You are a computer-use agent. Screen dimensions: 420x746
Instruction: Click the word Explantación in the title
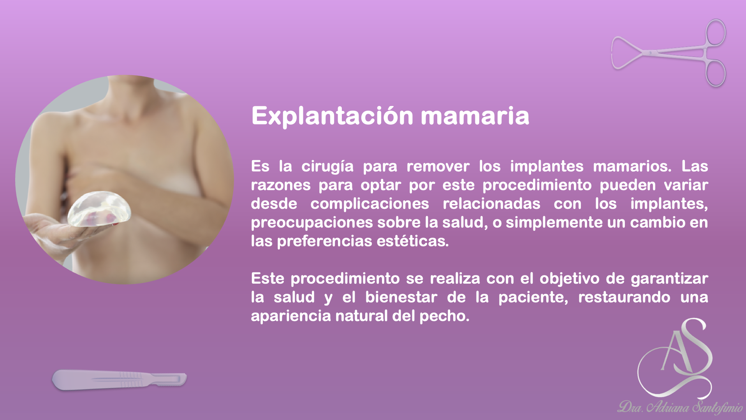[332, 116]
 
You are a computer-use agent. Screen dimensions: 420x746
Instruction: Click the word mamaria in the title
[475, 116]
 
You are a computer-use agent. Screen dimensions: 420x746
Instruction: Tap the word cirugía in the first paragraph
[327, 167]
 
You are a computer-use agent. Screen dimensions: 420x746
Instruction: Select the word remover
[438, 167]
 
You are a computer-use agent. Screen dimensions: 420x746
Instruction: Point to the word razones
[280, 185]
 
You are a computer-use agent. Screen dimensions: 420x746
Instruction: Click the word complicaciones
[369, 204]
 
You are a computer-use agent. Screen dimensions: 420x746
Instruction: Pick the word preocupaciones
[311, 223]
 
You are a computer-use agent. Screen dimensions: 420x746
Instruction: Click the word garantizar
[669, 279]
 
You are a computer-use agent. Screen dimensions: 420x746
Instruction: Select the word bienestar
[401, 297]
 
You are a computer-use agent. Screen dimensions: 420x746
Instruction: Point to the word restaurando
[624, 297]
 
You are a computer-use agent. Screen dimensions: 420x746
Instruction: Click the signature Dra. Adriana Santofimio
[680, 408]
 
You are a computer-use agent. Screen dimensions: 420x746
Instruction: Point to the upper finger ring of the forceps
[716, 32]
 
